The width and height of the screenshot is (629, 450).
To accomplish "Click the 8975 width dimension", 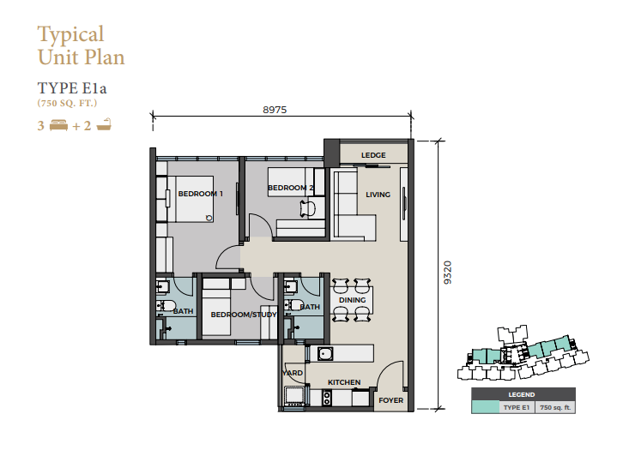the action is [x=275, y=110].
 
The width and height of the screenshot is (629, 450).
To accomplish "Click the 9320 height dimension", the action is [x=448, y=273].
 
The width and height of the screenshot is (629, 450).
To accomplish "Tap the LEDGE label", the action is [x=373, y=155].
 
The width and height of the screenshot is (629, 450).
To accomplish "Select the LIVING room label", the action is [x=378, y=195].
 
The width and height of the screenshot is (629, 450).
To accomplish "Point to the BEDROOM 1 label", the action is [x=200, y=194].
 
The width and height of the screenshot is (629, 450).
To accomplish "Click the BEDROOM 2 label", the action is [x=290, y=188].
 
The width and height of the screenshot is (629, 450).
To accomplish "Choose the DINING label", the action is [x=352, y=300].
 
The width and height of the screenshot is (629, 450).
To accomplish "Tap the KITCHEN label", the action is [x=344, y=382].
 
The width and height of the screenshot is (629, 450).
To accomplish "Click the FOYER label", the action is [x=391, y=400].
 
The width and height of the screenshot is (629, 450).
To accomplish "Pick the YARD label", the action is [x=293, y=373].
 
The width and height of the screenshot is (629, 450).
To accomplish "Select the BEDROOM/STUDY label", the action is [x=244, y=315].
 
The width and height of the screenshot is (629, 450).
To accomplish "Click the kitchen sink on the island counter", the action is [x=325, y=353].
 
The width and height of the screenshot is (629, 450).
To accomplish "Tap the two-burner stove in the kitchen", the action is [x=327, y=398].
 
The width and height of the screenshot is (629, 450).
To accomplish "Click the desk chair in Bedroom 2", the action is [x=308, y=209].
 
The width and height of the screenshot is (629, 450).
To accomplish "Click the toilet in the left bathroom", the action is [x=166, y=305].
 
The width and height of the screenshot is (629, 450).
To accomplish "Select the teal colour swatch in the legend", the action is [x=485, y=407].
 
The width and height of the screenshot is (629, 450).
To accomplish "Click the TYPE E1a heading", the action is [x=72, y=88].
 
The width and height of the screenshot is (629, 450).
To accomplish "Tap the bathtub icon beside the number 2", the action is [x=104, y=124].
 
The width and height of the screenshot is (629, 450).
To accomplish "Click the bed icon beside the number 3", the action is [x=58, y=125].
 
